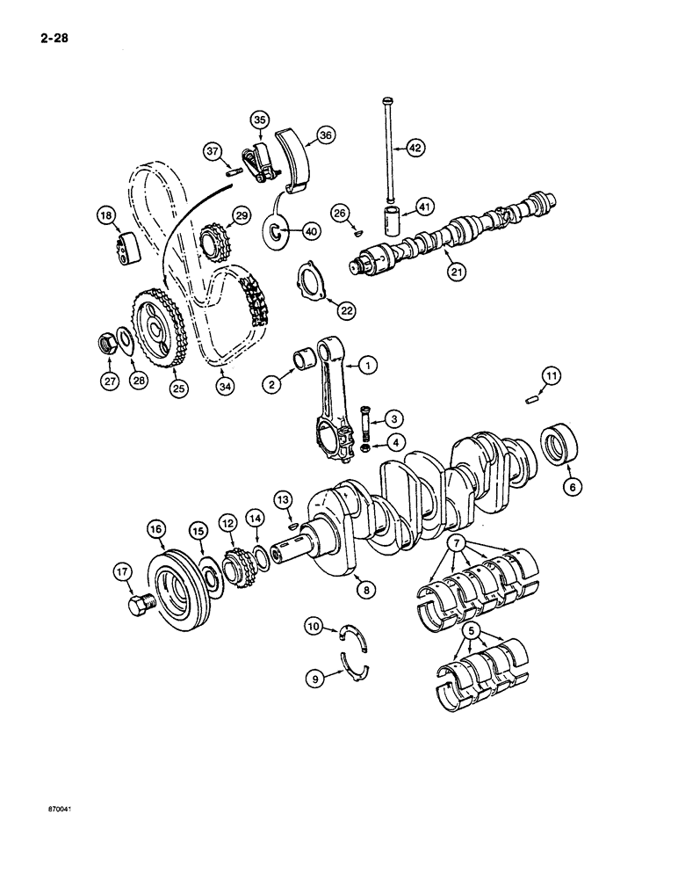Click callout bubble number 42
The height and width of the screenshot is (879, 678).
pos(416,148)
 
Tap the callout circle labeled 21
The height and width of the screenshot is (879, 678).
pos(457,273)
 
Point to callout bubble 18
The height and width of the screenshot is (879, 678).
pos(106,215)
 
